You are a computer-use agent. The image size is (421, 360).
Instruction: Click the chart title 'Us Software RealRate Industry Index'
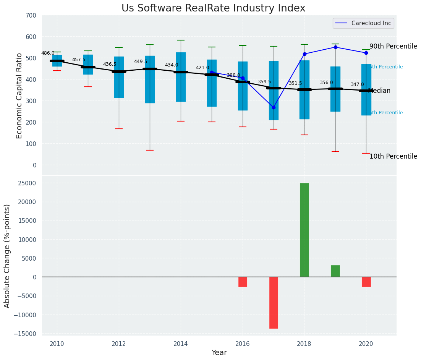click(x=213, y=8)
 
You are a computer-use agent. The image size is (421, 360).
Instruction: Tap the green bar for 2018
click(x=304, y=230)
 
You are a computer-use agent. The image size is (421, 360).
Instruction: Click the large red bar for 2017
click(x=274, y=302)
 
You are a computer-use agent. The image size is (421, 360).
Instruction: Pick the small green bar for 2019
click(x=335, y=271)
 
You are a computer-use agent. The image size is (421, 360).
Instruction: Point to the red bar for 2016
click(x=243, y=282)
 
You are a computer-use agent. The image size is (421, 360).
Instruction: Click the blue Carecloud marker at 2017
click(x=274, y=107)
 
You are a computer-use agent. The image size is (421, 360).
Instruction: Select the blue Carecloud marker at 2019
click(x=335, y=47)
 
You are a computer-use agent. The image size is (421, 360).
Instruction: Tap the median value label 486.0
click(x=48, y=53)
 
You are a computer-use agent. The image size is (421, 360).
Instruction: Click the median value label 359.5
click(x=264, y=82)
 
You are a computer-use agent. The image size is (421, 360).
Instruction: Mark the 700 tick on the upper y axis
click(x=31, y=16)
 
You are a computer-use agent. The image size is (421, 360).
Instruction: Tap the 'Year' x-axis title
click(x=219, y=352)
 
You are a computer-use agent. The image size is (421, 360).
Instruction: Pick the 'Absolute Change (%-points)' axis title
click(x=7, y=256)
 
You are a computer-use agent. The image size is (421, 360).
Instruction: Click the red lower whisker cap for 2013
click(x=150, y=150)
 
